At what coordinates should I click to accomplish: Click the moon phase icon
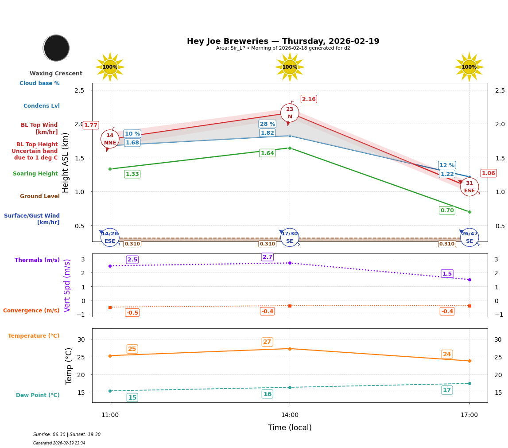coord(56,48)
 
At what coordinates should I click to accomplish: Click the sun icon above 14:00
coord(290,67)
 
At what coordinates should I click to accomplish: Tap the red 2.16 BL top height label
coord(309,99)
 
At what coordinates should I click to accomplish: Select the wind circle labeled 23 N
coord(290,113)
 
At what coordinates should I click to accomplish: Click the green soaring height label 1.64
coord(267,153)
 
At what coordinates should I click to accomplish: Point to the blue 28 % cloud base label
coord(267,124)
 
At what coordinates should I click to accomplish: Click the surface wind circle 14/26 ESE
coord(110,237)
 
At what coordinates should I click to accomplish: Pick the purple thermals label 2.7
coord(267,257)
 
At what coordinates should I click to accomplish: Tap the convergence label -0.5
coord(132,313)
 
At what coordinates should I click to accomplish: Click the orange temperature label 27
coord(267,342)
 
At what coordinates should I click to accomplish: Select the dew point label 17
coord(447,390)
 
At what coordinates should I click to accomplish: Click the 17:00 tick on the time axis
coord(469,415)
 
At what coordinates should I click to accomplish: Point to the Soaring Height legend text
coord(35,174)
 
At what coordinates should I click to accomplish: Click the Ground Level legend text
coord(40,196)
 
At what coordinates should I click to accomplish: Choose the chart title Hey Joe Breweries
coord(283,41)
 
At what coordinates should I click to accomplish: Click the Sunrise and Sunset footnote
coord(67,435)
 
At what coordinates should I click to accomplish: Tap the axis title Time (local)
coord(290,428)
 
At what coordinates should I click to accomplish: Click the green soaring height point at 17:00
coord(469,212)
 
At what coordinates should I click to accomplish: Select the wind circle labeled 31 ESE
coord(469,187)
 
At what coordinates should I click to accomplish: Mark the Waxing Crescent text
coord(56,74)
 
